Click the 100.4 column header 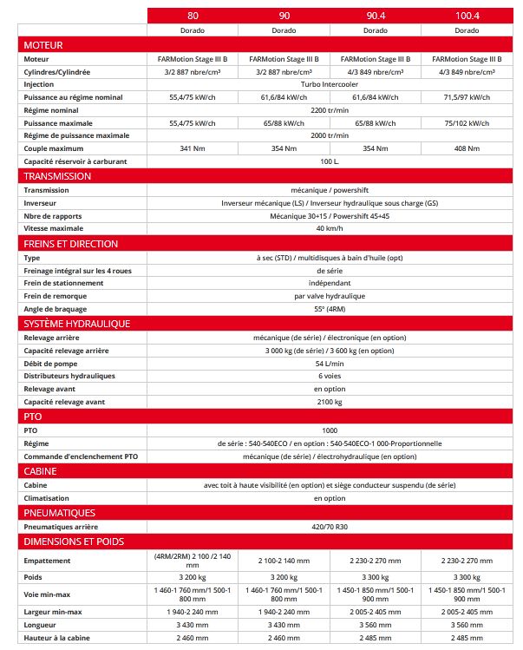point(467,16)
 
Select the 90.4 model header point(375,16)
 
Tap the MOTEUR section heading point(43,44)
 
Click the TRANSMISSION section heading point(57,176)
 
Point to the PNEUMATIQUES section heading point(60,513)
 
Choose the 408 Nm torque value point(467,148)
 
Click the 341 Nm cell point(193,148)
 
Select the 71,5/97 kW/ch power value point(467,97)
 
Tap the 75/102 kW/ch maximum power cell point(467,123)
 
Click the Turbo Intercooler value point(329,84)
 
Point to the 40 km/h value point(329,228)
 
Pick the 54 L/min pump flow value point(329,364)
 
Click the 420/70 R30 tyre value point(329,527)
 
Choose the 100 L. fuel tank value point(329,161)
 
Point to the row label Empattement point(48,561)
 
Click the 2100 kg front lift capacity point(329,403)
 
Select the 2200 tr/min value point(329,110)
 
